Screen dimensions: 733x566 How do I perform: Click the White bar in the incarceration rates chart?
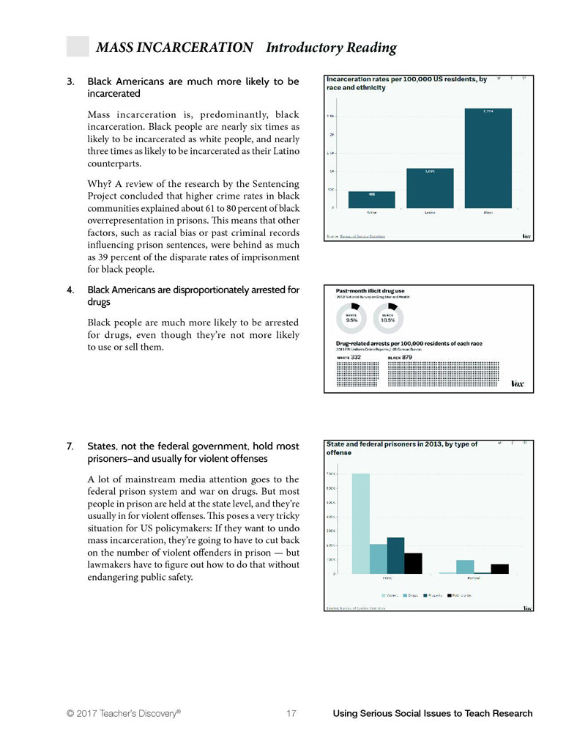click(371, 199)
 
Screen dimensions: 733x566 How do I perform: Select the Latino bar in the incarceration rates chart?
click(430, 188)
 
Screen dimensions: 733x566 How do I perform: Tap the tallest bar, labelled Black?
click(488, 158)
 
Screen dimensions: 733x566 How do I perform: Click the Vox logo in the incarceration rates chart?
click(526, 236)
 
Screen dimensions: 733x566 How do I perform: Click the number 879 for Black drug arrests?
click(408, 357)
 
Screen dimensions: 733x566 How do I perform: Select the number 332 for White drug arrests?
click(355, 357)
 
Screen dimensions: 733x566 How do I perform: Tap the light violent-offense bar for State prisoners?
click(360, 523)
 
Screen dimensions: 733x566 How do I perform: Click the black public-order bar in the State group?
click(413, 563)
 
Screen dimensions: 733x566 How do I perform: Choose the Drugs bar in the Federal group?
click(465, 567)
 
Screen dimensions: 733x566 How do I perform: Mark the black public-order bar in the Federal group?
click(500, 569)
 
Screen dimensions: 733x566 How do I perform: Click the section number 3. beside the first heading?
click(70, 81)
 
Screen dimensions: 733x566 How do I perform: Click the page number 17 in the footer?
click(291, 713)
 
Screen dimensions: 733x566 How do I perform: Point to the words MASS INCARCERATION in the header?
click(174, 48)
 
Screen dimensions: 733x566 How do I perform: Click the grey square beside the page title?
click(78, 46)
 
